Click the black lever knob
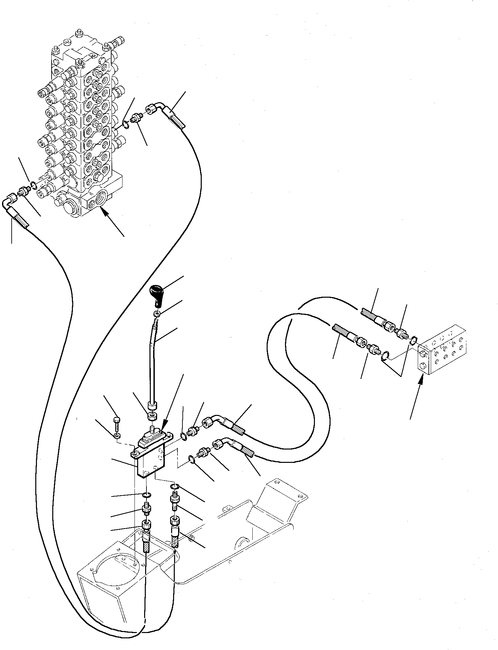pyautogui.click(x=155, y=292)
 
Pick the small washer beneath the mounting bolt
pyautogui.click(x=116, y=436)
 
